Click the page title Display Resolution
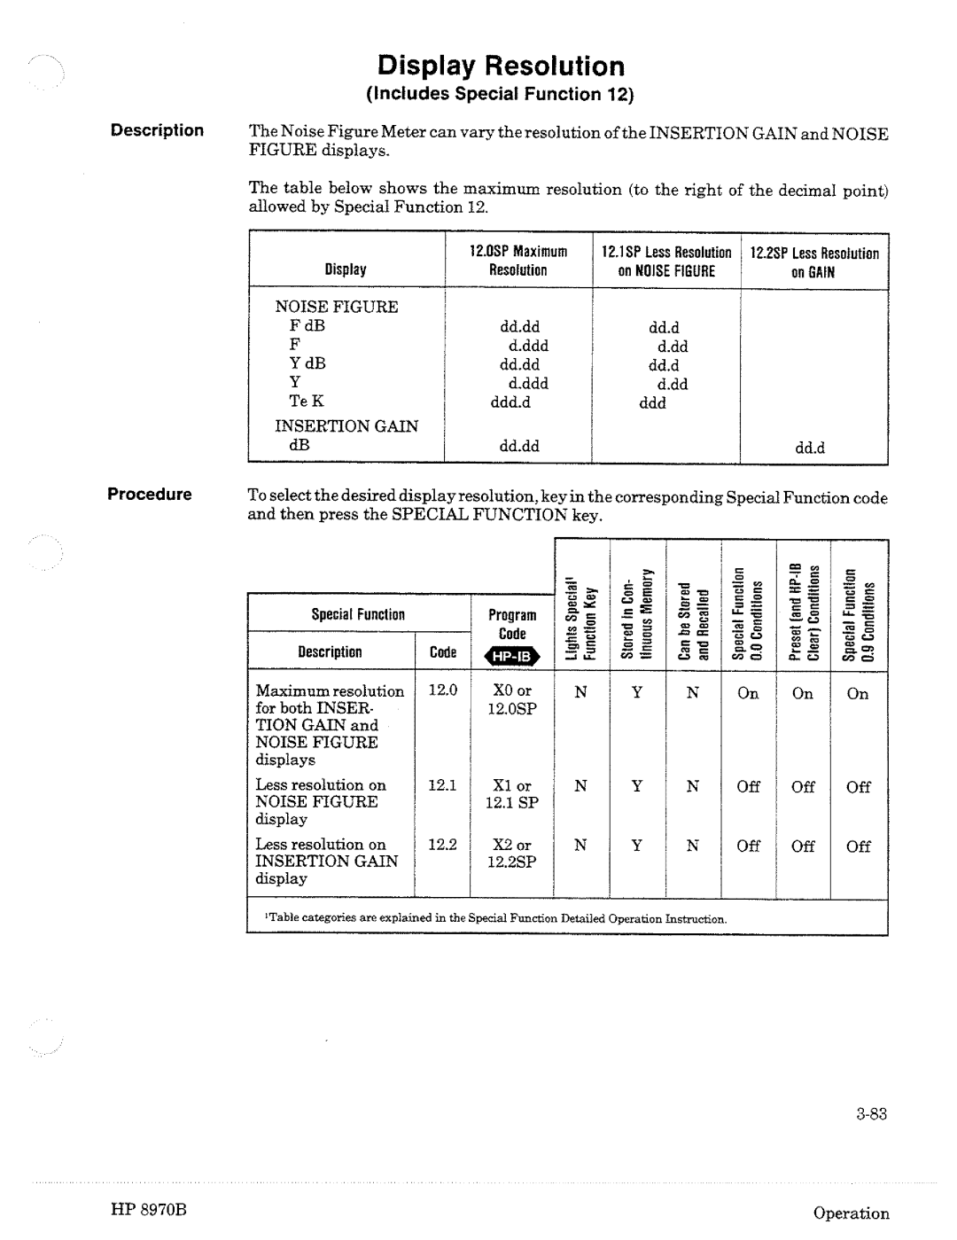click(x=501, y=66)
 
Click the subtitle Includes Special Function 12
click(x=502, y=94)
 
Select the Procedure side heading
click(x=150, y=495)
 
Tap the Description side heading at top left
click(x=157, y=130)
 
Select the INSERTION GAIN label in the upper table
click(x=346, y=425)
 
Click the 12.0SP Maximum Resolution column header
click(x=518, y=261)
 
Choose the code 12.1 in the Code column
click(x=442, y=785)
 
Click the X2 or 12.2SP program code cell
click(x=511, y=853)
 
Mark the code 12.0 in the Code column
click(x=442, y=690)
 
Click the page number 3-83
click(x=872, y=1115)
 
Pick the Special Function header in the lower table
click(x=358, y=614)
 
